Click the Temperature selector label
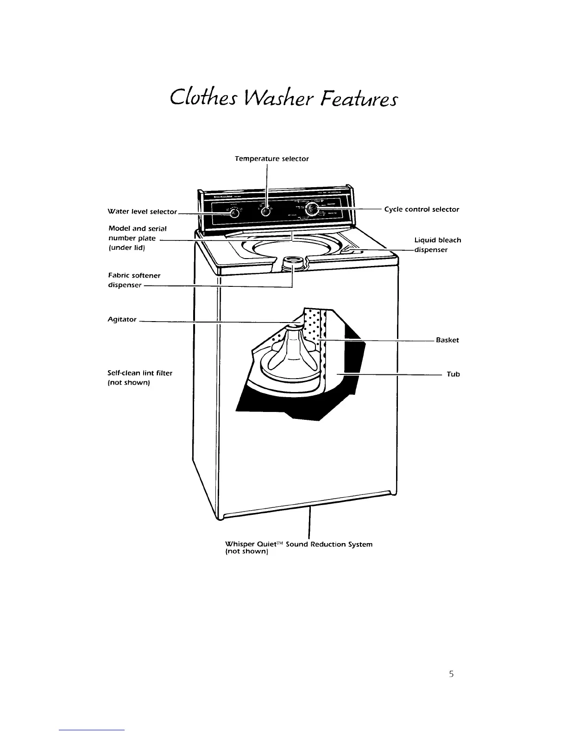[271, 158]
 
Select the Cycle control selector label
[422, 209]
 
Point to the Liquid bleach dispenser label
[437, 245]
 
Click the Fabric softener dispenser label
[134, 280]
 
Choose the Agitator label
[122, 319]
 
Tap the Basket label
[447, 340]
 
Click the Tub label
[453, 374]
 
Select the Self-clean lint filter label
[140, 378]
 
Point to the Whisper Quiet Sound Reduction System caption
[298, 548]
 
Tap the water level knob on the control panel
[235, 213]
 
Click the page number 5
[451, 674]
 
